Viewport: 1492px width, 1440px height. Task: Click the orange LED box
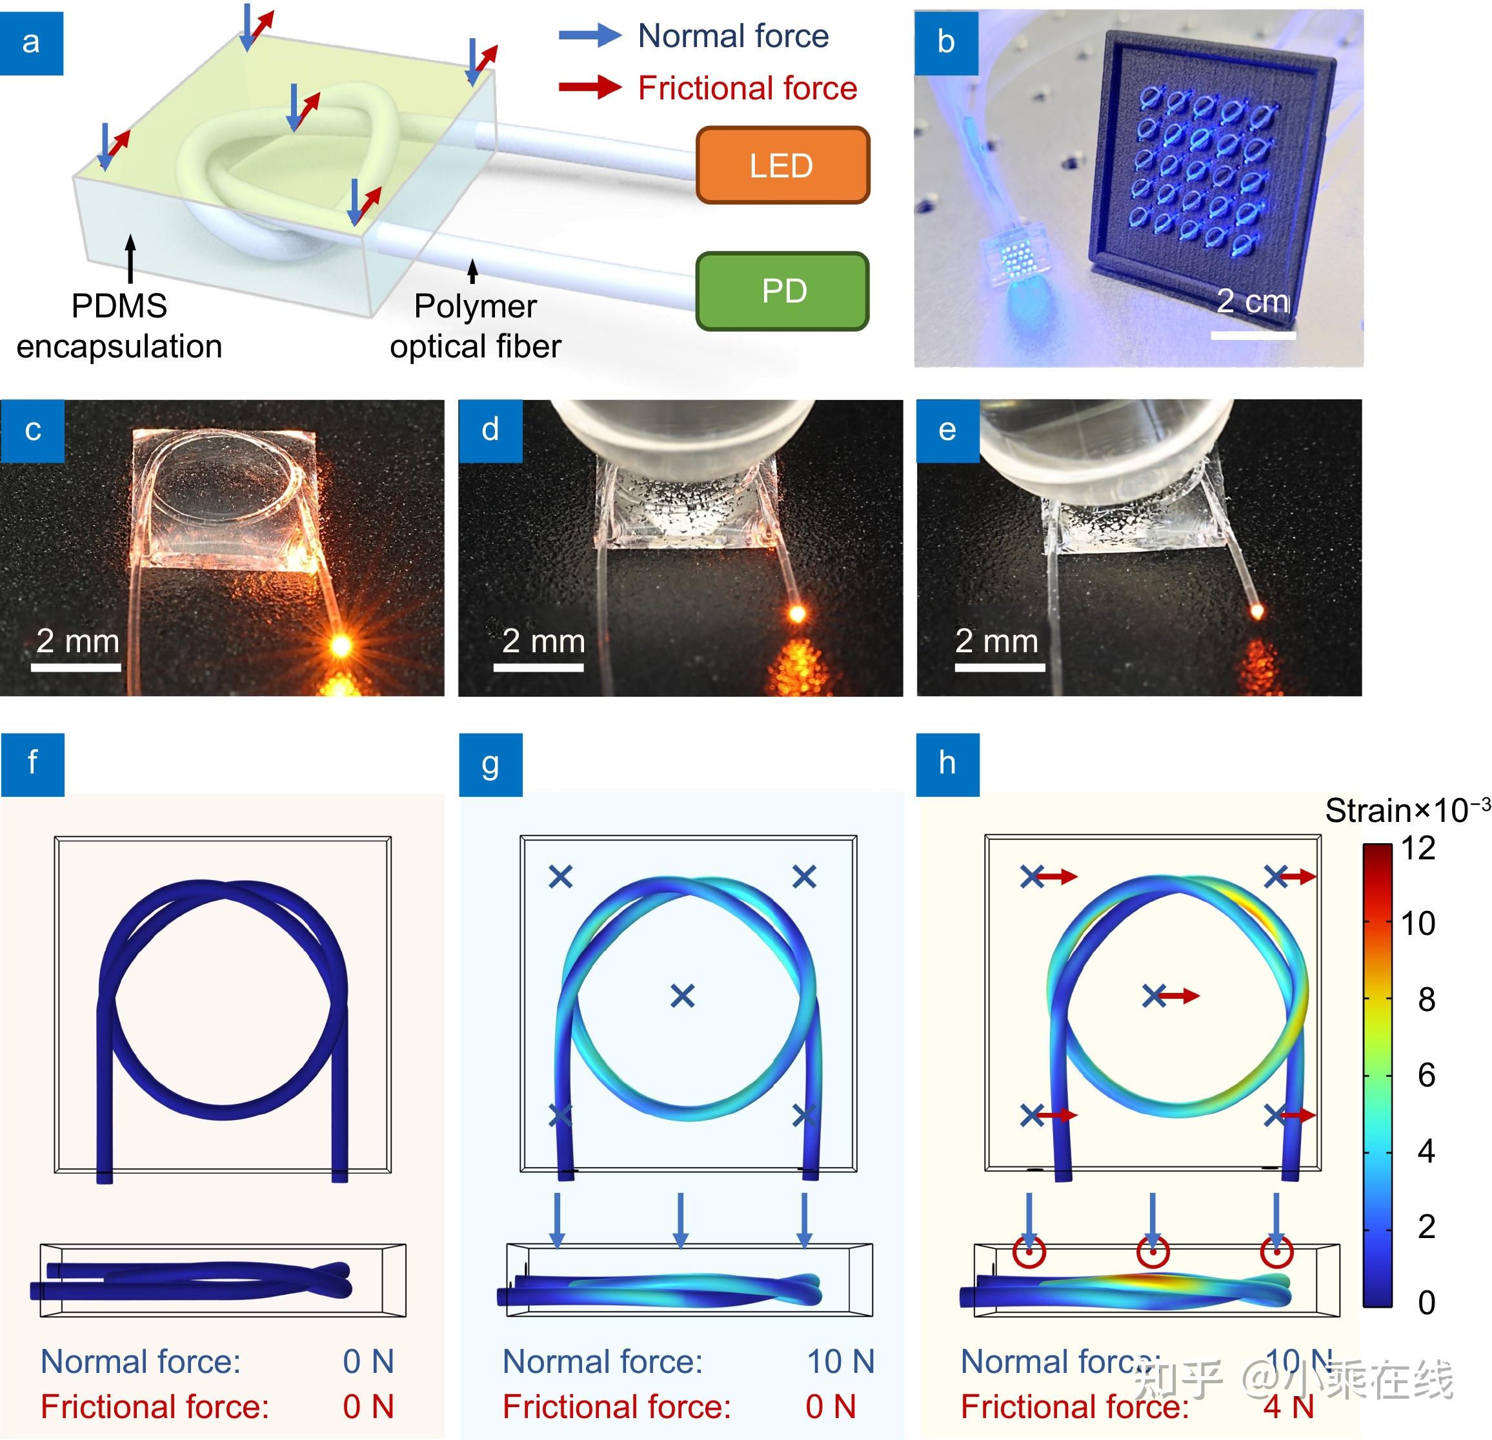pyautogui.click(x=781, y=165)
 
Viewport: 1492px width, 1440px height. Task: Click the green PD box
pyautogui.click(x=781, y=291)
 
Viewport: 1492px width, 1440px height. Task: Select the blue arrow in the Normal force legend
pyautogui.click(x=590, y=35)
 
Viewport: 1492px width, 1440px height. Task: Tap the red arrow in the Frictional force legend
pyautogui.click(x=590, y=86)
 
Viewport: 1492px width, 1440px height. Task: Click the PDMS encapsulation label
pyautogui.click(x=119, y=326)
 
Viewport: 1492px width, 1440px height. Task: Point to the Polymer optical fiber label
pyautogui.click(x=475, y=326)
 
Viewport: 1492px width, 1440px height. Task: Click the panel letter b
pyautogui.click(x=945, y=42)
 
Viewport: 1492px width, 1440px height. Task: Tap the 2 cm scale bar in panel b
pyautogui.click(x=1253, y=334)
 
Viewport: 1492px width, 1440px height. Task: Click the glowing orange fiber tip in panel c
pyautogui.click(x=340, y=645)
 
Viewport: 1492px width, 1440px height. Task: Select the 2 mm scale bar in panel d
pyautogui.click(x=538, y=666)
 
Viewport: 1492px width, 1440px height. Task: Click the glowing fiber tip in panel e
pyautogui.click(x=1257, y=610)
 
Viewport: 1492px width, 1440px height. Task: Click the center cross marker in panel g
pyautogui.click(x=682, y=995)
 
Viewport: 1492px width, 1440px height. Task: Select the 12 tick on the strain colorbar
pyautogui.click(x=1417, y=848)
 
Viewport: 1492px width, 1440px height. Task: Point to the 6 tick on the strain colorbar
pyautogui.click(x=1425, y=1075)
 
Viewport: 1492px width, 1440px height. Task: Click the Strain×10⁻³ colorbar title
pyautogui.click(x=1407, y=810)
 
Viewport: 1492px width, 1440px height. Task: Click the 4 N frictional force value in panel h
pyautogui.click(x=1288, y=1406)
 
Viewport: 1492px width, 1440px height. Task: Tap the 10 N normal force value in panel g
pyautogui.click(x=840, y=1361)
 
